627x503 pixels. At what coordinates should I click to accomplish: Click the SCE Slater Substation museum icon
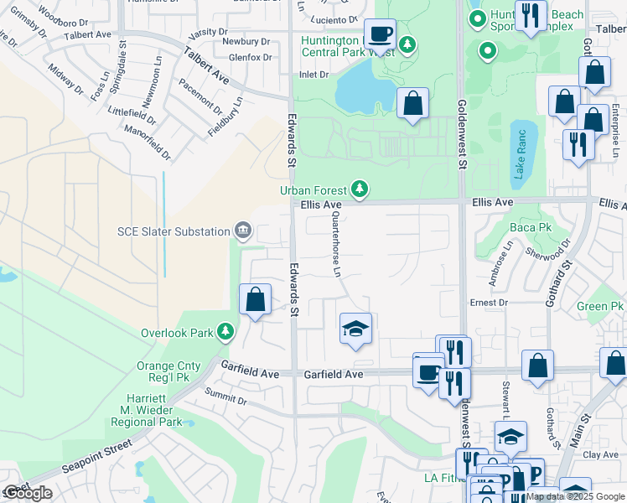click(243, 231)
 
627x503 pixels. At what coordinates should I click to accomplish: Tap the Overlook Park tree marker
click(225, 333)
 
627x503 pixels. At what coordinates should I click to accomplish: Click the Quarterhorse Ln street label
click(337, 245)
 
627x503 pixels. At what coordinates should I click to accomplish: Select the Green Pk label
click(600, 307)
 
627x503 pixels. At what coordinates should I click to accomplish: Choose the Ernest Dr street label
click(489, 303)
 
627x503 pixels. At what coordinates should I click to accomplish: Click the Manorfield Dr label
click(147, 143)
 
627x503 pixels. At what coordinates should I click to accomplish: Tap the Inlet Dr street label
click(314, 75)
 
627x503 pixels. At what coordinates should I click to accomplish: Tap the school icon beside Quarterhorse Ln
click(355, 329)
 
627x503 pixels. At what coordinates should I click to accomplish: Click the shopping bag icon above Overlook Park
click(255, 299)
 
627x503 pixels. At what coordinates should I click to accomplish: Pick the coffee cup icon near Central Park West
click(381, 34)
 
